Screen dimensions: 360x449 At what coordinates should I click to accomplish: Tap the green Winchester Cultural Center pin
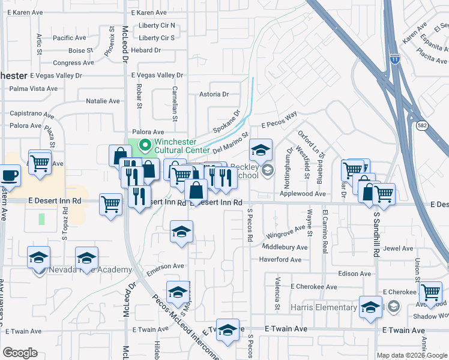click(x=145, y=145)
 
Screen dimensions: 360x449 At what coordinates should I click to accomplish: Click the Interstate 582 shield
click(x=421, y=124)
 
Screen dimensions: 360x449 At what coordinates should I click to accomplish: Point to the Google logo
click(x=20, y=353)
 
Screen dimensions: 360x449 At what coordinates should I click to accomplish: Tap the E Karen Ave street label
click(x=149, y=13)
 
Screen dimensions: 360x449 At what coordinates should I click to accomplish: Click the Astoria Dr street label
click(x=214, y=94)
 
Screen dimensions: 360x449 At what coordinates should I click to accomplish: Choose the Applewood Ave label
click(x=303, y=194)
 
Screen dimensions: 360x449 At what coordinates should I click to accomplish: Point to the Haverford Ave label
click(x=280, y=260)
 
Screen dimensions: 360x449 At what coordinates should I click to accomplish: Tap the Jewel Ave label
click(x=399, y=248)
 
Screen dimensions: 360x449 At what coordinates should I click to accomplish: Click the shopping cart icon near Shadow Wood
click(x=430, y=292)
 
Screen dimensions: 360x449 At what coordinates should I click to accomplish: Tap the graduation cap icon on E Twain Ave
click(x=228, y=329)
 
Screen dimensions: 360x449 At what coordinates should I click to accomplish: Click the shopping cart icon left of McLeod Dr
click(x=110, y=203)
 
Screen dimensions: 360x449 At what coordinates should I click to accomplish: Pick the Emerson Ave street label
click(x=165, y=266)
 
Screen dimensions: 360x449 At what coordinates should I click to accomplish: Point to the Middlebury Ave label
click(x=285, y=247)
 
